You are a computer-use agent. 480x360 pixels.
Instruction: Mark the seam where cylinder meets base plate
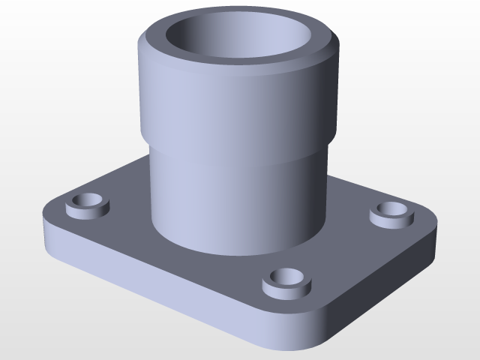(x=225, y=253)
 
